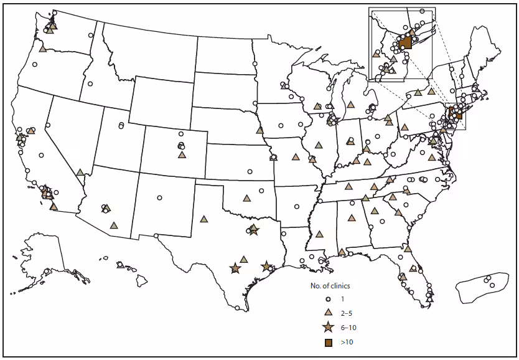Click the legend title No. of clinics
point(330,286)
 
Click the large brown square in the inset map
point(406,42)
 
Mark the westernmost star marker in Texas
point(235,268)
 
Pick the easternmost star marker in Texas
point(266,267)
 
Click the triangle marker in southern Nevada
point(80,172)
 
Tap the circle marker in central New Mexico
point(160,197)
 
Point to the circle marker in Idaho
point(90,83)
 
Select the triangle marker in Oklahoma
point(247,198)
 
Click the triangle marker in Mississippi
point(319,234)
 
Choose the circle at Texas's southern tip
point(237,307)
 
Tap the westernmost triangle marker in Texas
point(203,219)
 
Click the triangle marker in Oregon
point(42,49)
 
